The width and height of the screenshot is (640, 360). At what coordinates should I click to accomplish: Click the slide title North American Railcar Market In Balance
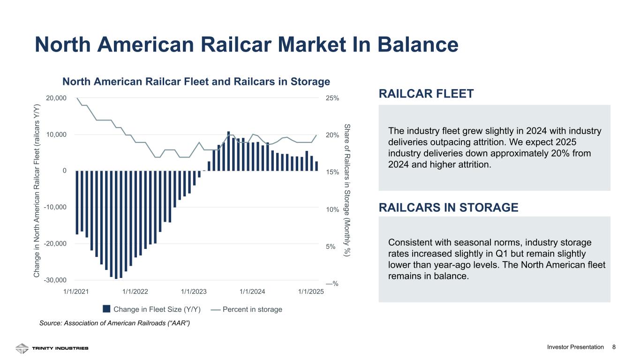246,45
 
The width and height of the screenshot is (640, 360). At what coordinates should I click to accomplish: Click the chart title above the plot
196,82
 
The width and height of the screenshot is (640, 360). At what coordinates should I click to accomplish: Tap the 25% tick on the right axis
332,98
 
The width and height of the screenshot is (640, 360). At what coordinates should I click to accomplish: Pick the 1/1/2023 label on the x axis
194,291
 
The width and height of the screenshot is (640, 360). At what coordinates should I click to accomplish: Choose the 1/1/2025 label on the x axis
311,291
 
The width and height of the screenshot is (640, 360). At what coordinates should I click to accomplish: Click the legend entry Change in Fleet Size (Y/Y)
152,309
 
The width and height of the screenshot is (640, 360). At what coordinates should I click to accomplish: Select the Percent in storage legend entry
247,309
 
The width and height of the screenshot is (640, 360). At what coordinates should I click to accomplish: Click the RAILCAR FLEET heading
426,94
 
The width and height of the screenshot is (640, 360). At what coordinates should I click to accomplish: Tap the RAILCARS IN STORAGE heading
448,207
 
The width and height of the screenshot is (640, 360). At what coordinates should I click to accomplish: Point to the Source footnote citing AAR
114,323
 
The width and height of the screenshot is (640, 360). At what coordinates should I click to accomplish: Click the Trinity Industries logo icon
22,348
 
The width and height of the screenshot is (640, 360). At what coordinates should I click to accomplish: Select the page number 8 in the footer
614,347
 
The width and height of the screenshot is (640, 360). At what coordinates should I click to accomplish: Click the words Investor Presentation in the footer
575,347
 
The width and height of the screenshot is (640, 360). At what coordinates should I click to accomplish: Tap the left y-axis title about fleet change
37,191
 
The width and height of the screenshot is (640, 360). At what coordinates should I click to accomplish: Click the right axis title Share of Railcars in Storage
347,191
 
